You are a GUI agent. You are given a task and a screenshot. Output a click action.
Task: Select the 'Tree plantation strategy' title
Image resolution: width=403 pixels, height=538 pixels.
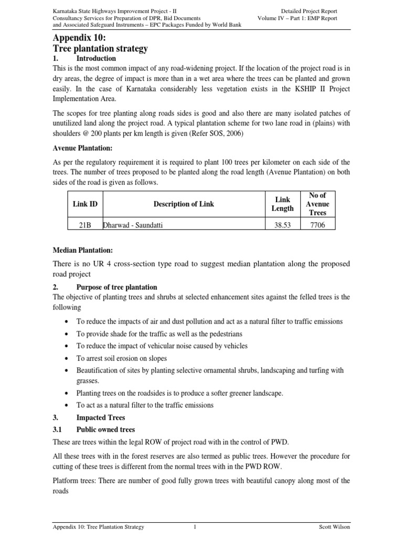coord(100,49)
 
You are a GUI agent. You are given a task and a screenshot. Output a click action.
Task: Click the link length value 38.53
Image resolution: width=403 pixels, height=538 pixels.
coord(282,225)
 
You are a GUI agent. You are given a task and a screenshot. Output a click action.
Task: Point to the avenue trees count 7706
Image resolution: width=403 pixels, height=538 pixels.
coord(318,225)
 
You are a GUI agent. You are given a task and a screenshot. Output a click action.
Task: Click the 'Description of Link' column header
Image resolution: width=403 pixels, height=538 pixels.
coord(184,204)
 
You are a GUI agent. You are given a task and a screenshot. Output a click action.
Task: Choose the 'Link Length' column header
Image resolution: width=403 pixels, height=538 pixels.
coord(282,204)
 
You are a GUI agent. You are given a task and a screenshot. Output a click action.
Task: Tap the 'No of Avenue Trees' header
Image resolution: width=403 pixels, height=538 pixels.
coord(318,204)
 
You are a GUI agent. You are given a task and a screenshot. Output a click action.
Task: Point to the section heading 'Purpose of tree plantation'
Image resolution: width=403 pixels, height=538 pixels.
coord(116,287)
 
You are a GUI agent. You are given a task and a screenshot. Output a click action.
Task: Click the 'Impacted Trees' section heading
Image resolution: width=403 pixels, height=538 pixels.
coord(101,418)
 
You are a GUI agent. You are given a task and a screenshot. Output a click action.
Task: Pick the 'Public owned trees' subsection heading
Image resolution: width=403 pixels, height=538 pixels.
coord(105,429)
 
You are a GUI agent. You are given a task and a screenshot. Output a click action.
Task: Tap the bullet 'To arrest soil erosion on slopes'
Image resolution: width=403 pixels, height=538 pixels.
coord(121,358)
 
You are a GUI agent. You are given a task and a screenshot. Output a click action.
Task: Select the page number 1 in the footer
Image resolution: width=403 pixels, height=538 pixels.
coord(194,527)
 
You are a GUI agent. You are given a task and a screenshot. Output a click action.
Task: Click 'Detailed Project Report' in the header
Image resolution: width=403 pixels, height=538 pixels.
coord(309,11)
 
